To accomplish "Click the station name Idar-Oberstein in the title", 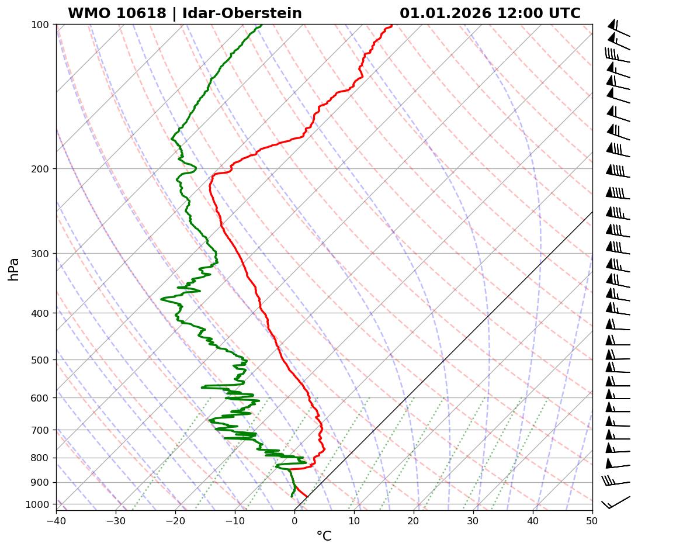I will (242, 13).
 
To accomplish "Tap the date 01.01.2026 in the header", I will (445, 13).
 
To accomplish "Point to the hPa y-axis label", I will (13, 269).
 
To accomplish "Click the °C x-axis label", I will (324, 537).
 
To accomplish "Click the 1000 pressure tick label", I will (39, 504).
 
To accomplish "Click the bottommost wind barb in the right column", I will (616, 502).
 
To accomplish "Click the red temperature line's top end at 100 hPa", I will (391, 25).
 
